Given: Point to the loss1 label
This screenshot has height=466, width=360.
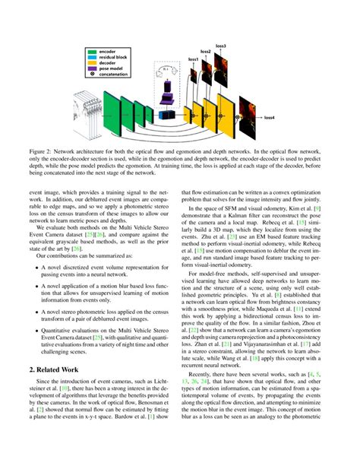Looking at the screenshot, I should pos(194,59).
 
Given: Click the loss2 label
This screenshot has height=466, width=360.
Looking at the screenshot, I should pos(206,52).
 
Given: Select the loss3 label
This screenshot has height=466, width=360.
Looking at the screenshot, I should pos(220,46).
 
